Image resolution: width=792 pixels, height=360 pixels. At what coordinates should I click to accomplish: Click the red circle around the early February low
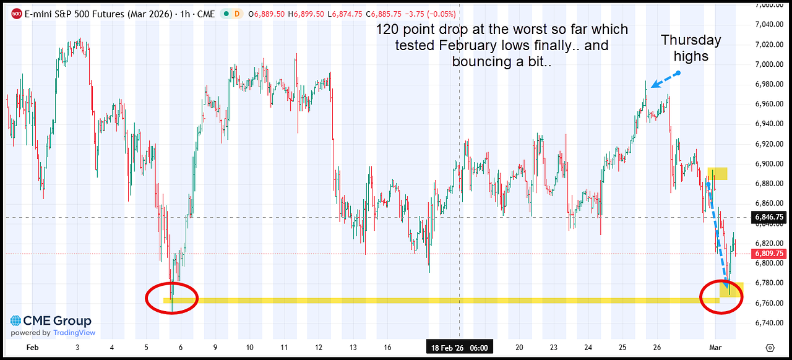(x=171, y=298)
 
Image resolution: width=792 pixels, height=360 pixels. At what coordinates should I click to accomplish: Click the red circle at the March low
(x=721, y=298)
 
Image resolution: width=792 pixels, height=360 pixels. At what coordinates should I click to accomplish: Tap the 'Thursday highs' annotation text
(x=691, y=48)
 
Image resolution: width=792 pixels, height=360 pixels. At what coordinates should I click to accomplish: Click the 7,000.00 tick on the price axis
(x=769, y=64)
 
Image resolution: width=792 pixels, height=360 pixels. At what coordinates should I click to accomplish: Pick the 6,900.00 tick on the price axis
(x=769, y=164)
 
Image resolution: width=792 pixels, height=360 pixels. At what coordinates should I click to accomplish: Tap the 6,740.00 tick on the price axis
(x=769, y=323)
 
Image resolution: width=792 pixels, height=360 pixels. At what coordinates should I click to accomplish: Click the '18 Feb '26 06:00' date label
(x=458, y=348)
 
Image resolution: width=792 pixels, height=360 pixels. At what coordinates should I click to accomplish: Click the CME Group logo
(x=51, y=321)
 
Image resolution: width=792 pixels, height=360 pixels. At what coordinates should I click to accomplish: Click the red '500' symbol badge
(x=17, y=13)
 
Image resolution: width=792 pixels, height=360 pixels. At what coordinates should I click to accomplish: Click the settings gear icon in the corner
(x=770, y=348)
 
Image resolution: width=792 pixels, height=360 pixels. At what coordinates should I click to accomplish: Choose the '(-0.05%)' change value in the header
(x=442, y=13)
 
